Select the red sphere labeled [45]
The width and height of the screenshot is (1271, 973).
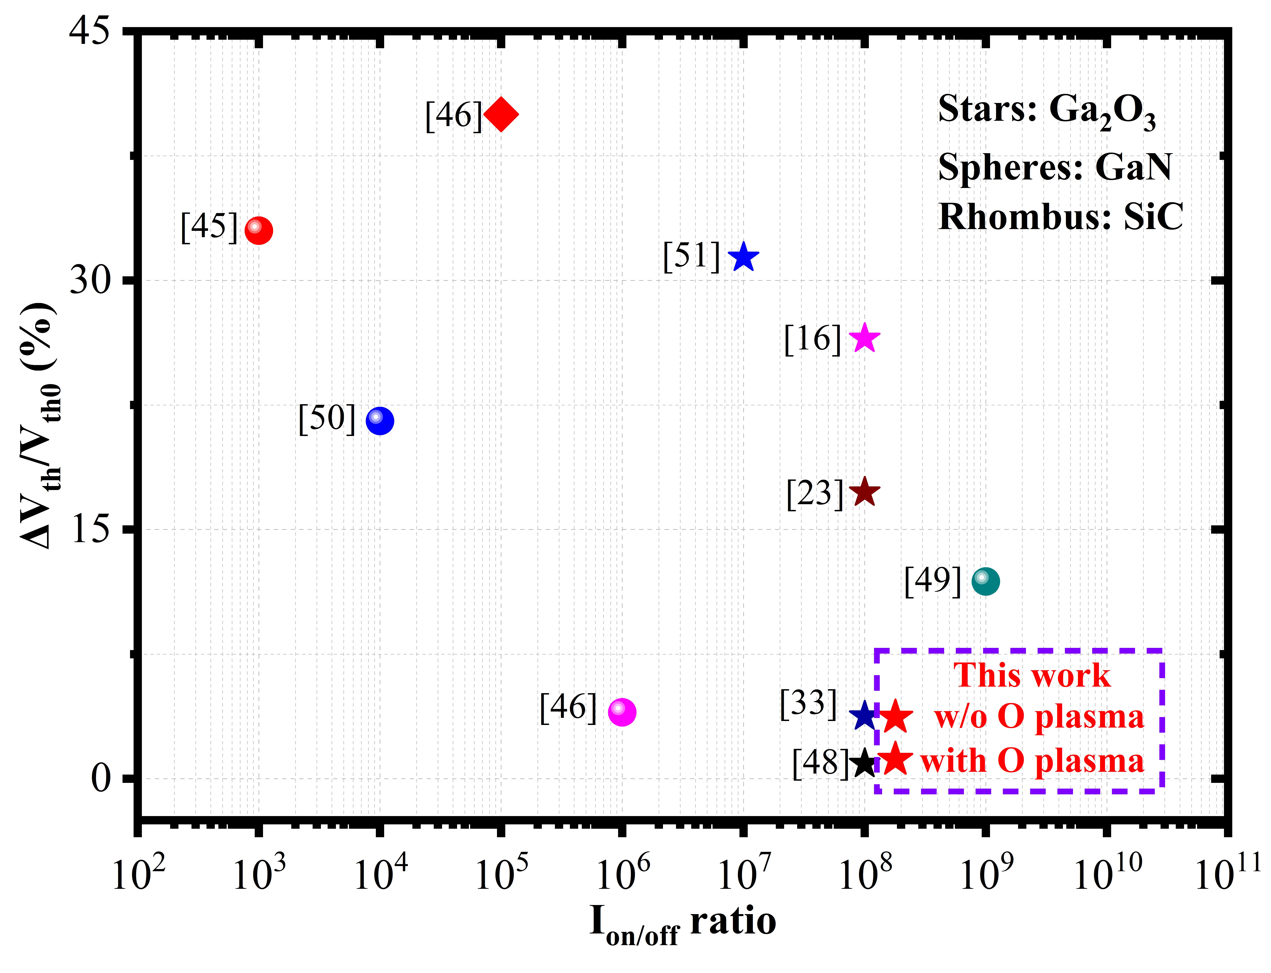coord(258,230)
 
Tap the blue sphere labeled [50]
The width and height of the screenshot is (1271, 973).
coord(380,420)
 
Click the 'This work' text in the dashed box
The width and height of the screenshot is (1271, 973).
coord(1032,675)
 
